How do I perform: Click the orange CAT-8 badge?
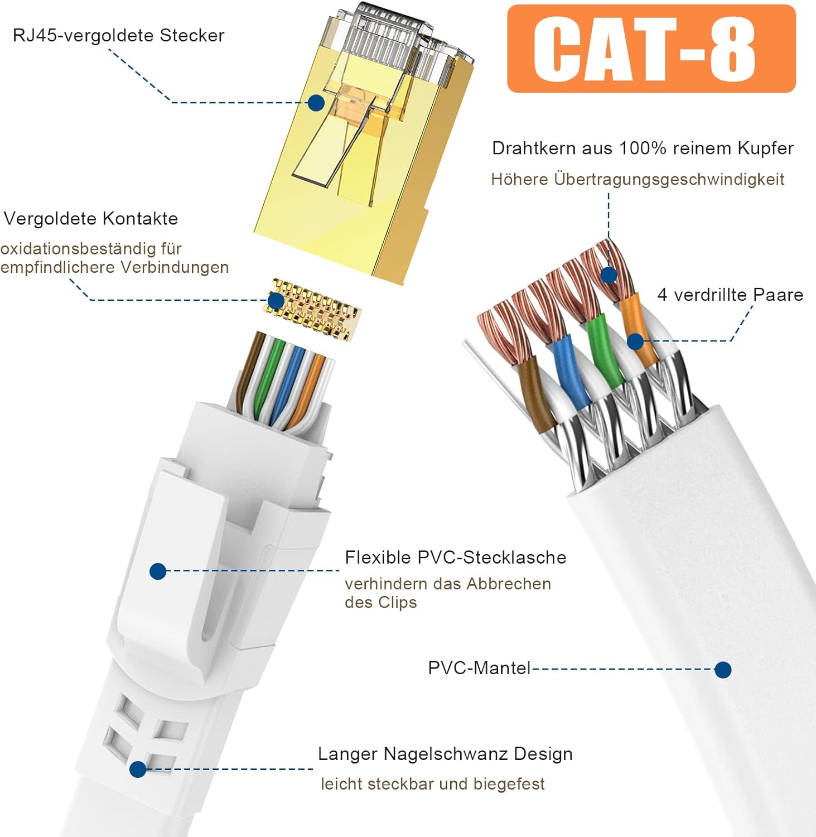tap(651, 49)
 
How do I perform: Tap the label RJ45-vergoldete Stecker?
tap(118, 36)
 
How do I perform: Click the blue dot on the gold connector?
tap(316, 103)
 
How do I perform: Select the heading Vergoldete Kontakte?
tap(91, 218)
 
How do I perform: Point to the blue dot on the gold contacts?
tap(276, 301)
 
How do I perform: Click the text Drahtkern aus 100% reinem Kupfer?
tap(643, 148)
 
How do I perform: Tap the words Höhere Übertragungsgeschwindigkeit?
tap(638, 180)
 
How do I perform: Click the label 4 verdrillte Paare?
tap(730, 295)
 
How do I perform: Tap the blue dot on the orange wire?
tap(635, 341)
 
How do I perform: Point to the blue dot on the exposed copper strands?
tap(609, 275)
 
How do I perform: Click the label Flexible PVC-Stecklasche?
tap(456, 557)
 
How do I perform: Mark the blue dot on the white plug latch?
tap(158, 571)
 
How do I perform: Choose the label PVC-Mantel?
tap(479, 668)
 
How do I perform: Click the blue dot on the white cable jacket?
tap(723, 670)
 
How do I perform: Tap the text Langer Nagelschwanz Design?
tap(445, 754)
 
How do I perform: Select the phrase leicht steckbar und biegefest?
tap(433, 784)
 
